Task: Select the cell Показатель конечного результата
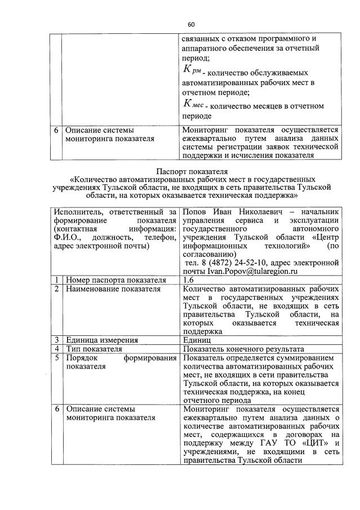[x=243, y=349]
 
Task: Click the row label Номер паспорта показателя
[x=115, y=280]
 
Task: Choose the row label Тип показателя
[x=94, y=349]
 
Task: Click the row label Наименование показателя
[x=113, y=289]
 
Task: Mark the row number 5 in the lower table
[x=57, y=358]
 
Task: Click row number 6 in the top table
[x=57, y=130]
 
